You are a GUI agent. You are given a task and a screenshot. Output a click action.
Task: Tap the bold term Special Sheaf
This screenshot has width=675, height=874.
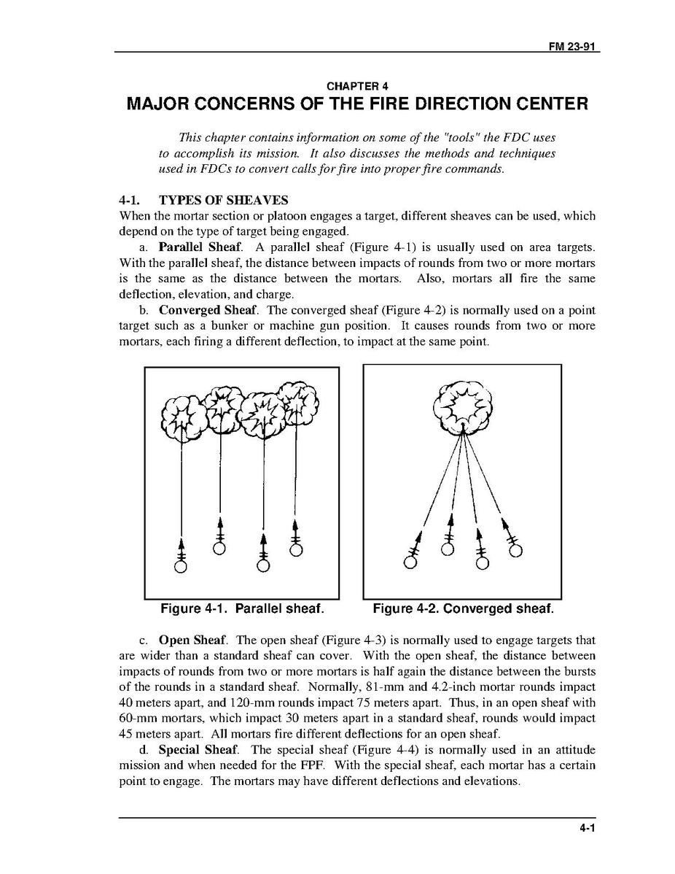[198, 749]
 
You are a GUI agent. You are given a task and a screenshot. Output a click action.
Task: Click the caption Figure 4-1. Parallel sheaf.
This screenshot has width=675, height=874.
[242, 608]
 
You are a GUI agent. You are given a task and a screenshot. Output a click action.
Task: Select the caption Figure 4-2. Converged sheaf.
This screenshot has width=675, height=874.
[463, 608]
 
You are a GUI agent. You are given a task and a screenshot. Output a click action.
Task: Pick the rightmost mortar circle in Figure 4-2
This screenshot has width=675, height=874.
[515, 549]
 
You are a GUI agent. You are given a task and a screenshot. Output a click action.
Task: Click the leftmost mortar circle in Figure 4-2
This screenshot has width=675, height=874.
[410, 562]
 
